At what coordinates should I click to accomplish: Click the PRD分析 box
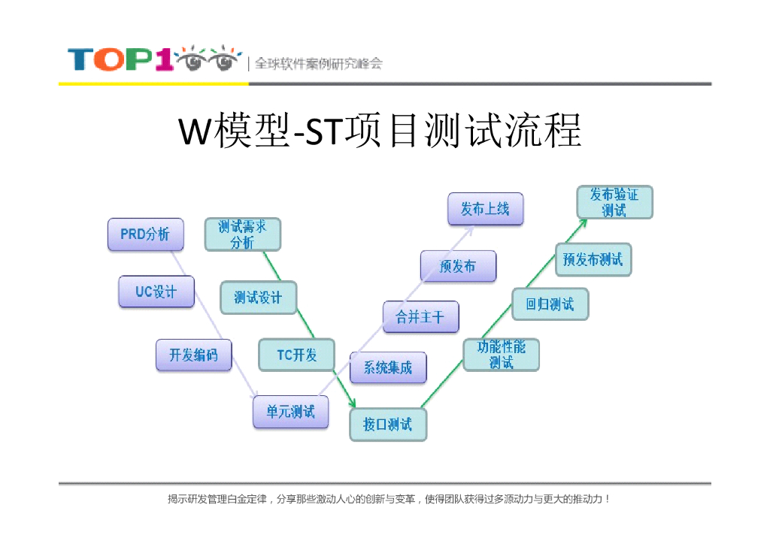145,234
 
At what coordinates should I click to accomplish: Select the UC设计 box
156,292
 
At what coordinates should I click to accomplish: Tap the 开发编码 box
193,355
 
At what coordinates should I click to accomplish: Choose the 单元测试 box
290,412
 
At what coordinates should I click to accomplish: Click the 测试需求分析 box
242,234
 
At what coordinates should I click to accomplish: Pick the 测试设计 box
258,298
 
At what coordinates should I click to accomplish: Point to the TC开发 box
296,355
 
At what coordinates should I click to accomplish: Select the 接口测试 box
387,425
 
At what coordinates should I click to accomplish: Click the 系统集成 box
388,367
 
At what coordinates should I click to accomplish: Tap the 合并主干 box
420,317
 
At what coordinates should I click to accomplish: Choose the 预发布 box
458,266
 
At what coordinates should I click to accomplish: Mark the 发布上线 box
485,209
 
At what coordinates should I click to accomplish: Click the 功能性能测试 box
501,354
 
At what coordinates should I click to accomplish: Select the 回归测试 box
550,304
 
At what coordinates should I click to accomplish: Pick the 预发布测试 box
593,259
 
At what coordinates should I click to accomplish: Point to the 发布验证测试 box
614,202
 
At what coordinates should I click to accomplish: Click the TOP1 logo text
120,59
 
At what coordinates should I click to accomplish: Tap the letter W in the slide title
195,134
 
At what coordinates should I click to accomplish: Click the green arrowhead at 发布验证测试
584,222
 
